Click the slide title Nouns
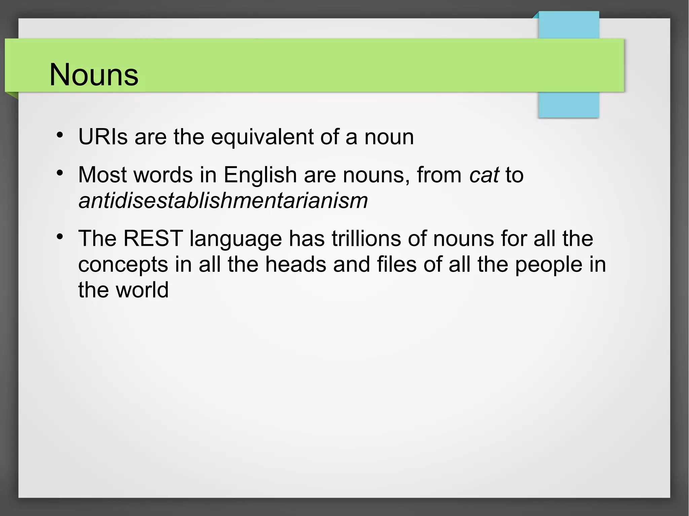[x=94, y=75]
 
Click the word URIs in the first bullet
[x=103, y=137]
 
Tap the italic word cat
[x=484, y=175]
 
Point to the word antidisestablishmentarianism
[x=223, y=200]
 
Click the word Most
[x=103, y=175]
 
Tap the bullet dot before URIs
[x=60, y=135]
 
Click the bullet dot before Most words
[x=60, y=173]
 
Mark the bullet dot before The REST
[x=60, y=237]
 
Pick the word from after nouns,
[x=439, y=175]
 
